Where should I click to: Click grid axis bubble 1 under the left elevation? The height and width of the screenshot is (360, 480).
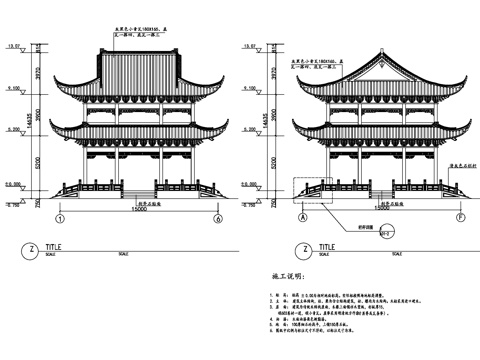tap(60, 219)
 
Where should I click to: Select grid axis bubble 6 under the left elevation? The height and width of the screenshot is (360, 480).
tap(217, 219)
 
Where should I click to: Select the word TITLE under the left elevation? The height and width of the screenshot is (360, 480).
tap(67, 244)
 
